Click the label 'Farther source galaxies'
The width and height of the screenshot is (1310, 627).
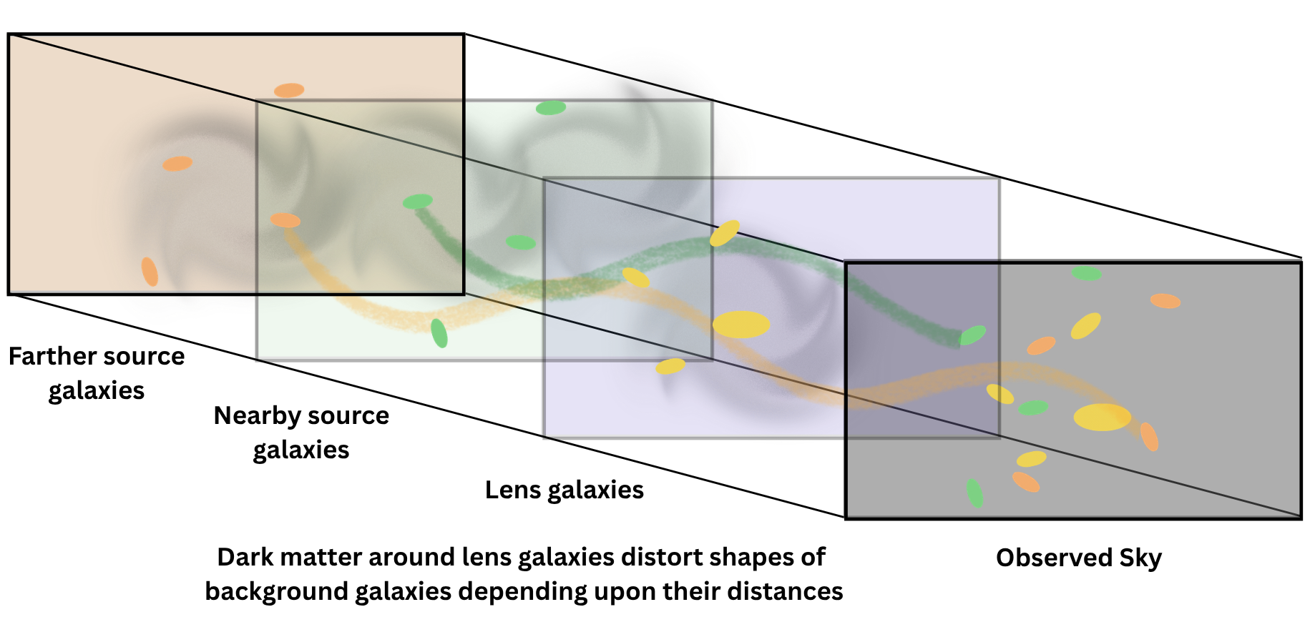[x=97, y=373]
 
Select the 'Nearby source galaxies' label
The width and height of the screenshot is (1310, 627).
[x=301, y=433]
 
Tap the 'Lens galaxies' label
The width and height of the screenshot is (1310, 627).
[x=564, y=490]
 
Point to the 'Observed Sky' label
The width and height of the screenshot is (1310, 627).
[x=1078, y=558]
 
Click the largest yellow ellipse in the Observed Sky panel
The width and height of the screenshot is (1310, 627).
[x=1102, y=417]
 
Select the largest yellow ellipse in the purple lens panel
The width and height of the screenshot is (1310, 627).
[x=741, y=325]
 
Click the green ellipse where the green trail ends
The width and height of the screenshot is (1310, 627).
[x=972, y=335]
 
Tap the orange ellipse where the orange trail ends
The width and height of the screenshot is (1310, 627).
[x=1149, y=437]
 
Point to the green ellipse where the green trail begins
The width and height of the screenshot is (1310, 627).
[x=417, y=202]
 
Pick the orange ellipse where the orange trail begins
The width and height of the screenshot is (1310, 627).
[x=285, y=220]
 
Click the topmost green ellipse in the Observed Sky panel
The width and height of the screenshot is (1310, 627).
[x=1086, y=273]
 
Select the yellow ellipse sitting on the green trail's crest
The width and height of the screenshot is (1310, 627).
[x=724, y=233]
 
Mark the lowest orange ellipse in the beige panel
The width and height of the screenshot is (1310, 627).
[x=150, y=272]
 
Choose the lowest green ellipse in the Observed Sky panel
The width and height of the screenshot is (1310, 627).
[x=974, y=493]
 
